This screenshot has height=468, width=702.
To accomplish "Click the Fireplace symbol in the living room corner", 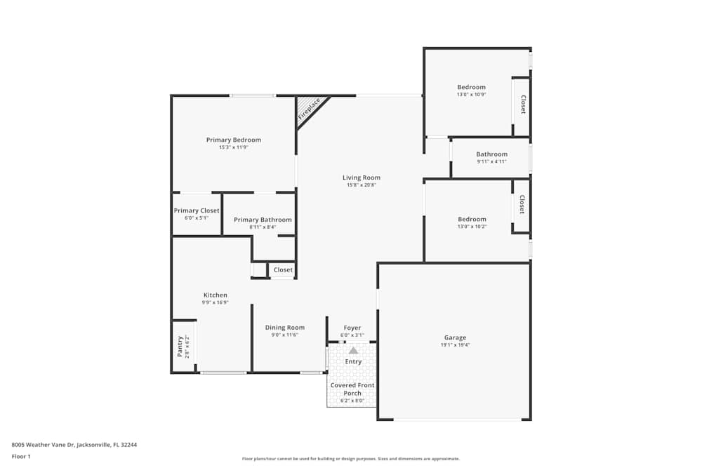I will coord(309,110).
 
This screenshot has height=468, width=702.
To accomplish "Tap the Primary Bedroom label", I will coord(234,140).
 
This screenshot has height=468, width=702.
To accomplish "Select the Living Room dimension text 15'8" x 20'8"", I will coord(362,185).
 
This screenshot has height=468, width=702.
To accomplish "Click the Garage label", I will coord(455,337).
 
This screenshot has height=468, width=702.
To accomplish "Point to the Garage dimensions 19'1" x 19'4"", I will coord(455,345).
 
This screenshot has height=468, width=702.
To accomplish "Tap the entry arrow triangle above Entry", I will coord(353,350).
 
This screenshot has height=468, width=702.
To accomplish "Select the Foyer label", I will coord(352,328).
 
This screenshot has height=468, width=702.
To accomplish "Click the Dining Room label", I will coord(285,327).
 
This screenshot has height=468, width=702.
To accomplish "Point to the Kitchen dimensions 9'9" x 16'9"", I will coord(215,302).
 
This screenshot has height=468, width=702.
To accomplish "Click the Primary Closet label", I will coord(197,210).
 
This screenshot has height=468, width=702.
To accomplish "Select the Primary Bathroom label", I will coord(263,220).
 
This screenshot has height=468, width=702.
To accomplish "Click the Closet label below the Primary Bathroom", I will coord(283,269).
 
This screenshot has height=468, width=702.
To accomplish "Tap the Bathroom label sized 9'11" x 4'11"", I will coord(491,154).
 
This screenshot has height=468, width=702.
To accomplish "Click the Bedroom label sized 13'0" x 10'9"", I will coord(471,87).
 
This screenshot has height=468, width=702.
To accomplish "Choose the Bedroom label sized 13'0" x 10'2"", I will coord(471,219).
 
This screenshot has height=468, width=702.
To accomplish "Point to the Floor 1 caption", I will coord(21,456).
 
